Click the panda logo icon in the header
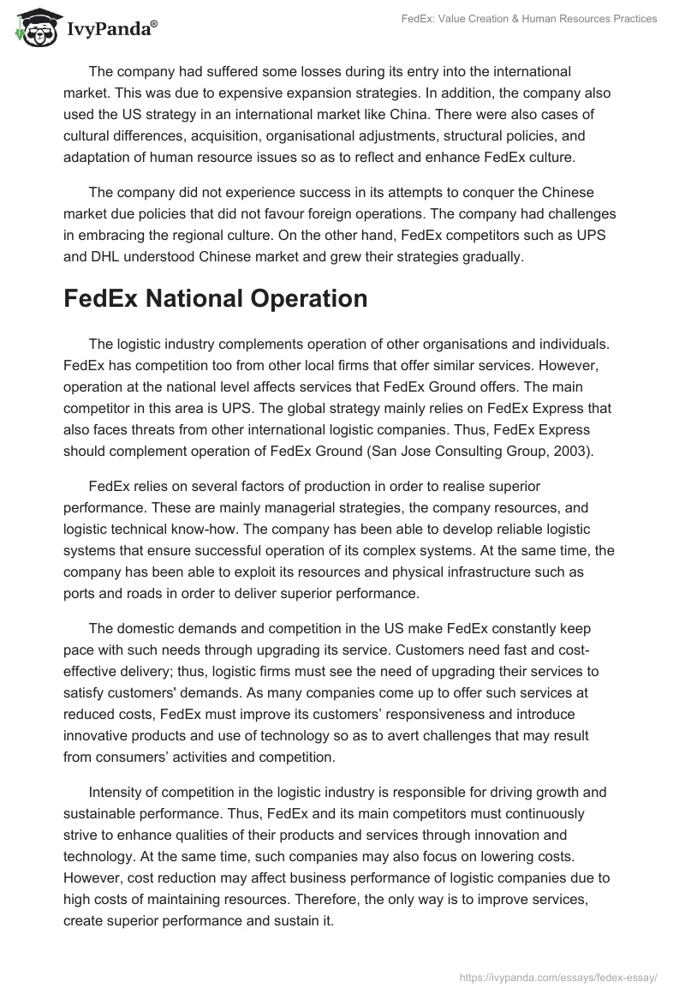tap(33, 27)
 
